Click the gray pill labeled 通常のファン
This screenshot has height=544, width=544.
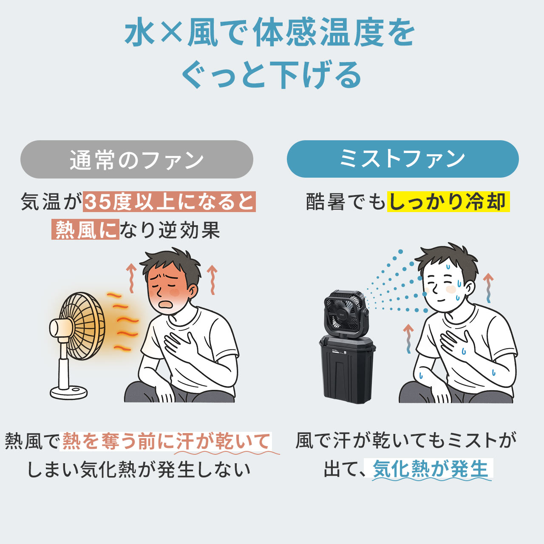point(137,159)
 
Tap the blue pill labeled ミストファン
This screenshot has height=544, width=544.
point(402,159)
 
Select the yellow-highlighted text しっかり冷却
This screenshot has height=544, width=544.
point(448,201)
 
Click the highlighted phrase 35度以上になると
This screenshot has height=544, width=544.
point(169,201)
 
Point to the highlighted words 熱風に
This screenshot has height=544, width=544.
point(85,229)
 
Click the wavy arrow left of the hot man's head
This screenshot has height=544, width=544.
point(131,278)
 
